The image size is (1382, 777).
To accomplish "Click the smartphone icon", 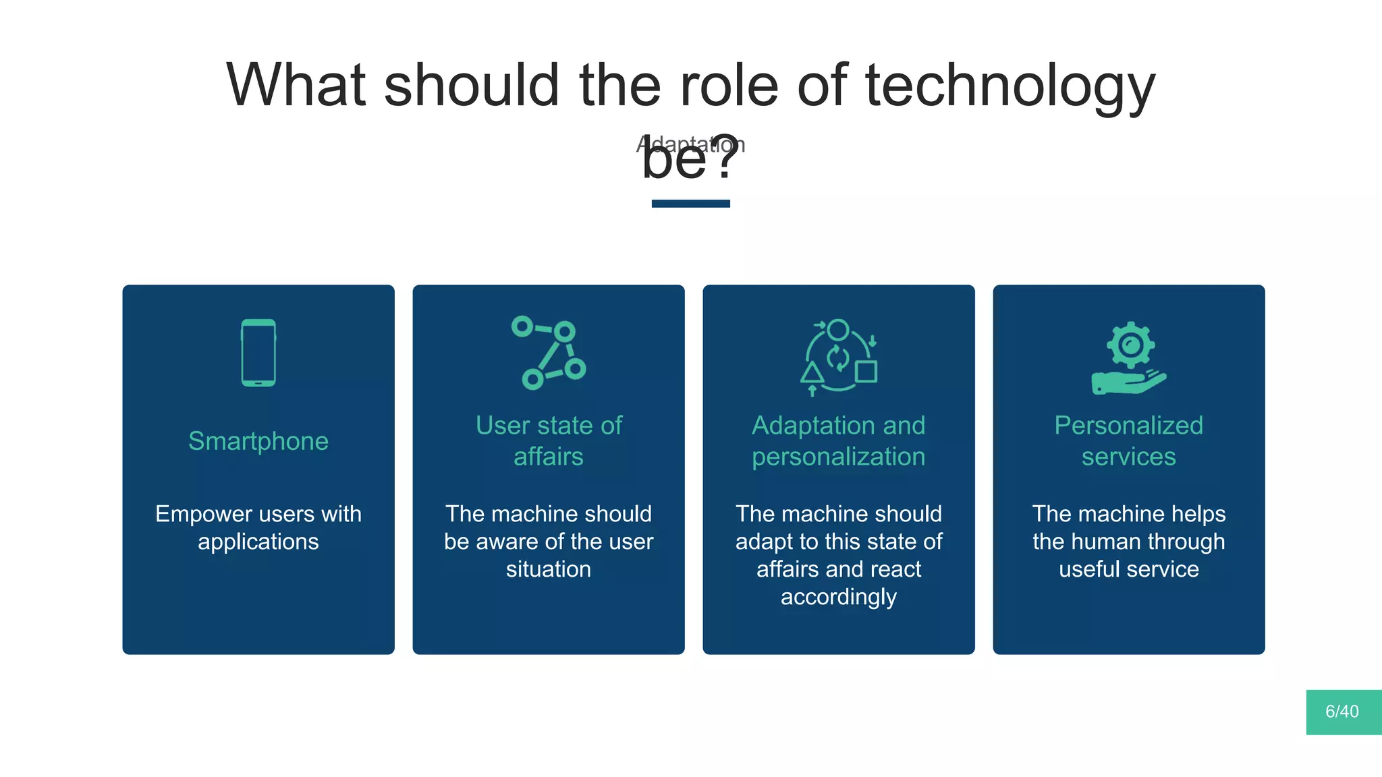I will pos(258,353).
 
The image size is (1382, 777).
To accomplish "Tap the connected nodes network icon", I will pos(549,353).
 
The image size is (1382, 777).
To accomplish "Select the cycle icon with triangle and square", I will pos(839,356).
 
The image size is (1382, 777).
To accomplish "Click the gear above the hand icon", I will pos(1130,345).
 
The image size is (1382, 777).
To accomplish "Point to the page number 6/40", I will pos(1342,712).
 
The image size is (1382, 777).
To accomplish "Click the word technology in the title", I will pos(1010,85).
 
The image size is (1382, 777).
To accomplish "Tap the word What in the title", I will pos(296,85).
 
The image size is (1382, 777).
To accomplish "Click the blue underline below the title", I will pos(690,204).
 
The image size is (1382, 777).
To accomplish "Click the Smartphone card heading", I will pos(258,441).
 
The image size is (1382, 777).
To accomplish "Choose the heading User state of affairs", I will pos(549,441).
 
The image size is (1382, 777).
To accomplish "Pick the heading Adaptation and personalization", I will pos(839,441).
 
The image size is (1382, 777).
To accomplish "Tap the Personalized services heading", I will pos(1129,441).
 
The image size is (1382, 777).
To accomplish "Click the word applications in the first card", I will pos(258,542).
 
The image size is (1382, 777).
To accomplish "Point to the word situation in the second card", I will pos(549,569).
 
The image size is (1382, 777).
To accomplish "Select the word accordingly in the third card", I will pos(839,597).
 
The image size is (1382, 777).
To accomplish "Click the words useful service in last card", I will pos(1129,569).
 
